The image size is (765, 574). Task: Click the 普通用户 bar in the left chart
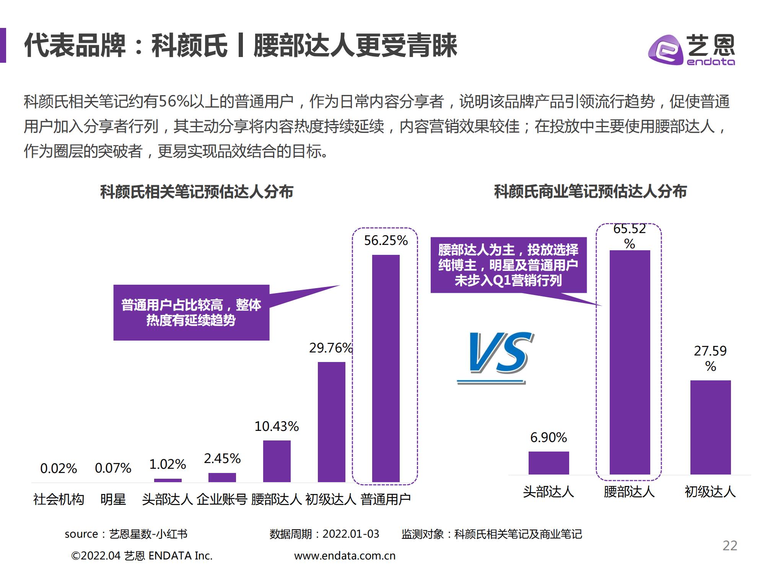[x=386, y=368]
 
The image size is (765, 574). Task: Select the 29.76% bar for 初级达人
[x=331, y=422]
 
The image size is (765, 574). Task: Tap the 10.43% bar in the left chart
[x=277, y=461]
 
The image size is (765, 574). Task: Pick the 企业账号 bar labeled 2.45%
[x=222, y=477]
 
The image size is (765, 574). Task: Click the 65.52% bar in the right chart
[x=630, y=362]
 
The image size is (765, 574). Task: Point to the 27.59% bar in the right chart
[x=710, y=427]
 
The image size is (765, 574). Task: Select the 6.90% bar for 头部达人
[x=549, y=463]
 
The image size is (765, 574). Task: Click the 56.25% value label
[x=386, y=240]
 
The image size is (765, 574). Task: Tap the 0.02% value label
[x=59, y=468]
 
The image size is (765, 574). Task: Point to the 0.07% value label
[x=113, y=468]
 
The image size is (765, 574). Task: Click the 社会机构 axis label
[x=59, y=499]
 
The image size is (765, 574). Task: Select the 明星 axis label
[x=113, y=499]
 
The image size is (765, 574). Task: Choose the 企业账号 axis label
[x=222, y=499]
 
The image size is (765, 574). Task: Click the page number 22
[x=729, y=546]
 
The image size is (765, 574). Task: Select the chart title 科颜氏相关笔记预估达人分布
[x=197, y=192]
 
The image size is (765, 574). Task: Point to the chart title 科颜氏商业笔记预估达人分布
[x=590, y=191]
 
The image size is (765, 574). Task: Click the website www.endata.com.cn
[x=345, y=556]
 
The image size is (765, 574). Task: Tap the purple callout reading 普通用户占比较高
[x=191, y=312]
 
